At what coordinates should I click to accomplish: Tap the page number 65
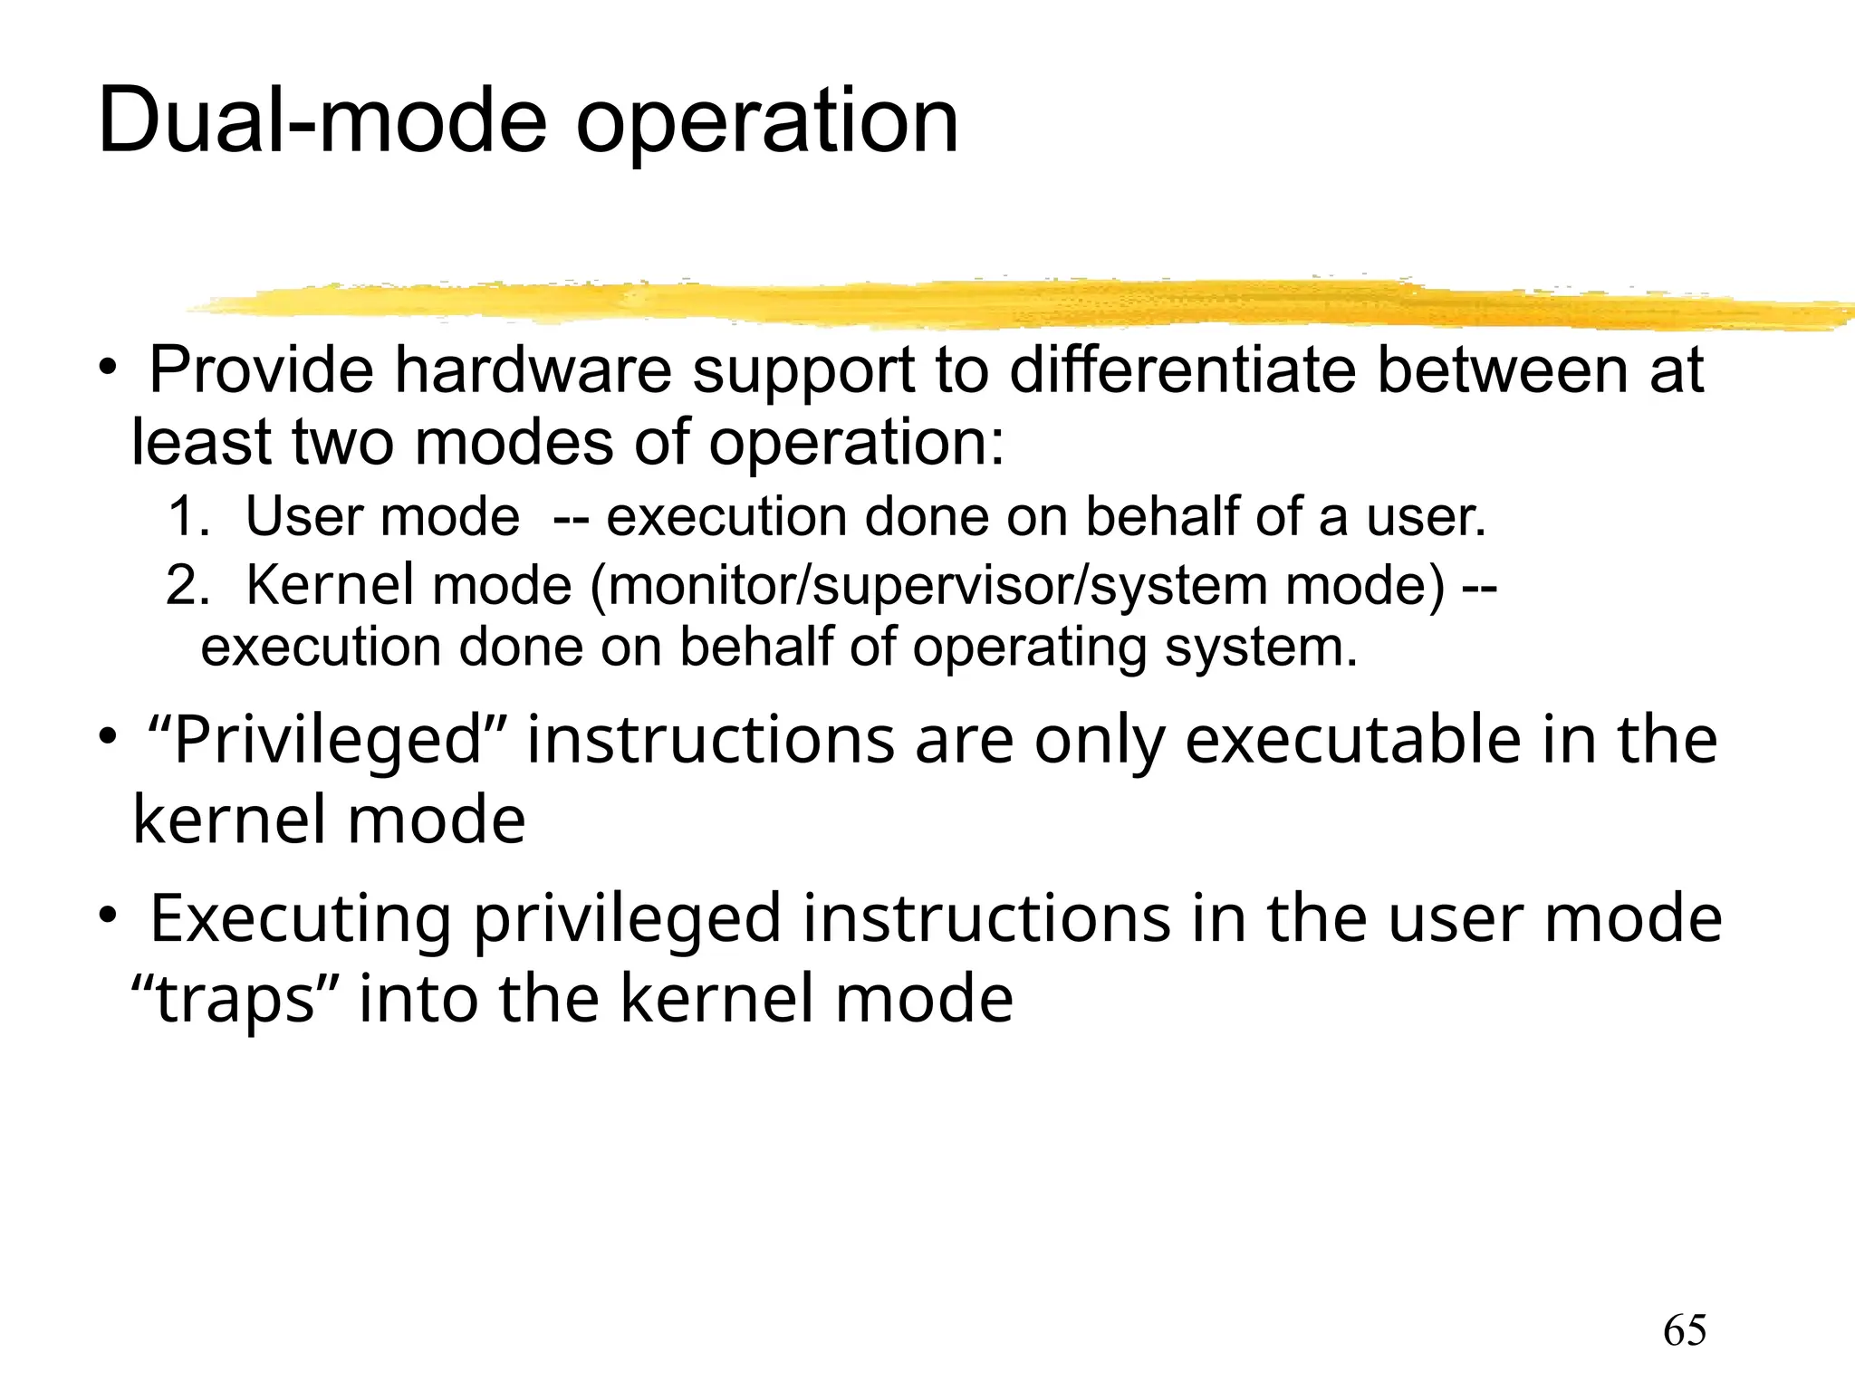tap(1685, 1331)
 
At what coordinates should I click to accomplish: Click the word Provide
tap(261, 370)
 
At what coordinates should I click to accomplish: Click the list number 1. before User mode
tap(188, 517)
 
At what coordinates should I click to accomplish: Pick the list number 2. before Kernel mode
tap(187, 585)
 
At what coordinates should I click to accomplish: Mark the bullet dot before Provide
tap(108, 368)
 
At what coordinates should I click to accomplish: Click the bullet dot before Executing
tap(108, 916)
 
